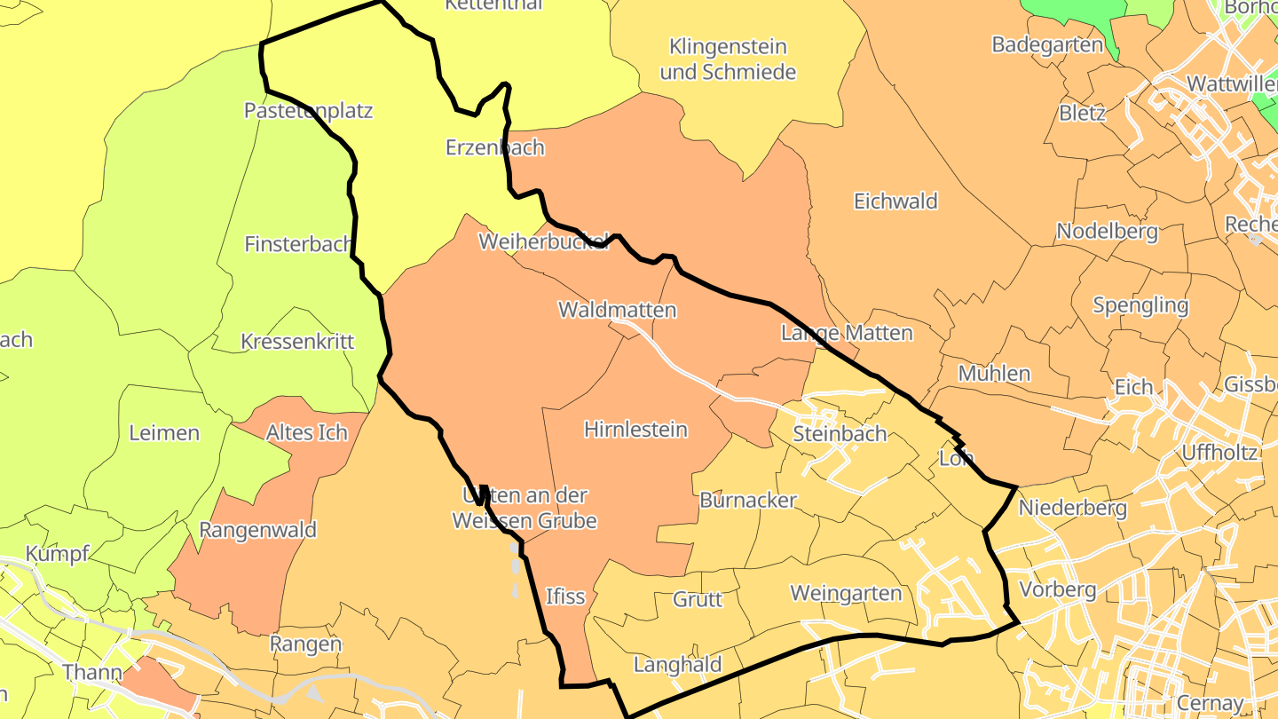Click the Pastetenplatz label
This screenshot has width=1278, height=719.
click(x=308, y=111)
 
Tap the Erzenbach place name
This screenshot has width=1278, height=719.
click(x=494, y=147)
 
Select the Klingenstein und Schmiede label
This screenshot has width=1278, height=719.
click(x=728, y=59)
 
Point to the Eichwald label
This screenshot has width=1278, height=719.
click(x=895, y=201)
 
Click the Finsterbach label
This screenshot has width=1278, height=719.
click(x=298, y=244)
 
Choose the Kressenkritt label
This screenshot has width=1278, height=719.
click(x=297, y=342)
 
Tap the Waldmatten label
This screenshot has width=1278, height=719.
click(x=617, y=311)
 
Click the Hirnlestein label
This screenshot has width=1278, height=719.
click(x=635, y=430)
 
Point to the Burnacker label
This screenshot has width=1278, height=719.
click(x=748, y=501)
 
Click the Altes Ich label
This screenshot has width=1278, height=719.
click(x=306, y=433)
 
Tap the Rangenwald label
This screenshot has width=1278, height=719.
click(x=257, y=531)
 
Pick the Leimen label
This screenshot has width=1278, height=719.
click(x=164, y=433)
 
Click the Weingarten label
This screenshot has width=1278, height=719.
click(x=846, y=593)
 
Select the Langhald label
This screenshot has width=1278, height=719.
click(x=677, y=665)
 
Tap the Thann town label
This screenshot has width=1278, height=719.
click(x=91, y=672)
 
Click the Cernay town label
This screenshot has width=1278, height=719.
click(x=1209, y=703)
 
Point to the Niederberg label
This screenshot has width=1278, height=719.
click(x=1072, y=509)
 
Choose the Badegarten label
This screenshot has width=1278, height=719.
click(x=1047, y=45)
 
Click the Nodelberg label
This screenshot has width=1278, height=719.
click(x=1107, y=233)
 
